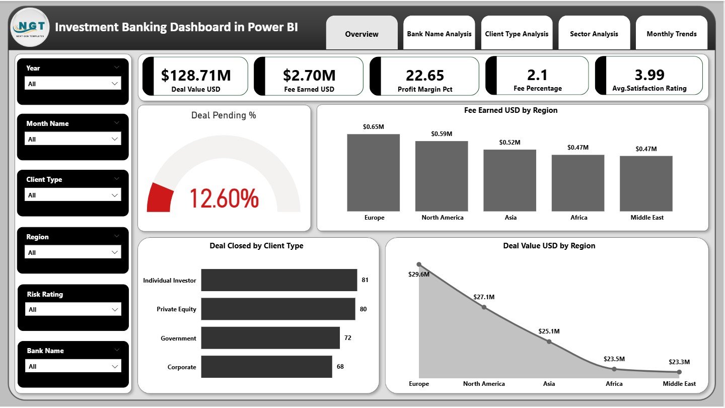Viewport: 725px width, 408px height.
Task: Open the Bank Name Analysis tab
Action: click(x=439, y=34)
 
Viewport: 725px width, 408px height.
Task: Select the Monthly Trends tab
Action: click(x=672, y=34)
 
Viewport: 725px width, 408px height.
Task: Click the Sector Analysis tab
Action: click(x=594, y=34)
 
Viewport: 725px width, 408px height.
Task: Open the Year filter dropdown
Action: click(x=74, y=84)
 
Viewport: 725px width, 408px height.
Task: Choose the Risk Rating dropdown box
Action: click(x=74, y=309)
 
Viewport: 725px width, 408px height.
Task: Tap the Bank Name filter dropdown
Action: click(x=74, y=366)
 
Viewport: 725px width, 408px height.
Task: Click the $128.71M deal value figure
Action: click(x=196, y=76)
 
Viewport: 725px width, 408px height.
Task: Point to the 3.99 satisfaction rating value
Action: click(x=649, y=75)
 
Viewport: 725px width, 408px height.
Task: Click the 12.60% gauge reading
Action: click(x=224, y=198)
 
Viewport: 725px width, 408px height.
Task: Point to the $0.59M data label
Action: click(x=442, y=134)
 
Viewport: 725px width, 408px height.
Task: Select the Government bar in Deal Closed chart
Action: click(x=270, y=338)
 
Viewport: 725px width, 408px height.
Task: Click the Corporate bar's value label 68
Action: click(x=340, y=367)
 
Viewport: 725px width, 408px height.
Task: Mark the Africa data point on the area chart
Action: click(x=614, y=369)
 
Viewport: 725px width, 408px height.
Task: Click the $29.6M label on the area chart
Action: click(x=419, y=275)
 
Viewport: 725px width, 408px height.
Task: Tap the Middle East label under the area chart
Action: click(x=679, y=384)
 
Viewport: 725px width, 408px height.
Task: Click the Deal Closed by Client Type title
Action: click(x=256, y=246)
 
